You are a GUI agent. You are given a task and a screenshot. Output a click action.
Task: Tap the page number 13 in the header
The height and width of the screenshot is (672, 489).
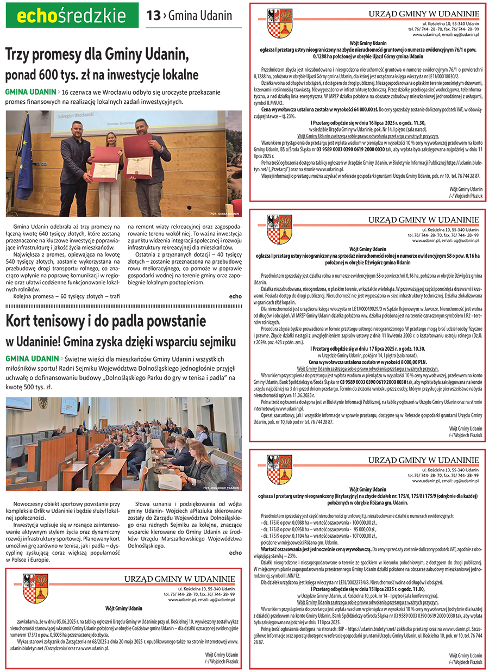tap(153, 16)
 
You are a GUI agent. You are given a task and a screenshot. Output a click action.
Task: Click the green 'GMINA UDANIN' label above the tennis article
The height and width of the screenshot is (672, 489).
tap(31, 359)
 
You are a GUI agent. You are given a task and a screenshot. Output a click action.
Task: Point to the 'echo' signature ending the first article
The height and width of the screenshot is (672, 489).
tap(235, 296)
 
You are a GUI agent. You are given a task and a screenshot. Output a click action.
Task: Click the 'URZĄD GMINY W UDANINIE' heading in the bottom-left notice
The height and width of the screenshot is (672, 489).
tap(179, 578)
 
